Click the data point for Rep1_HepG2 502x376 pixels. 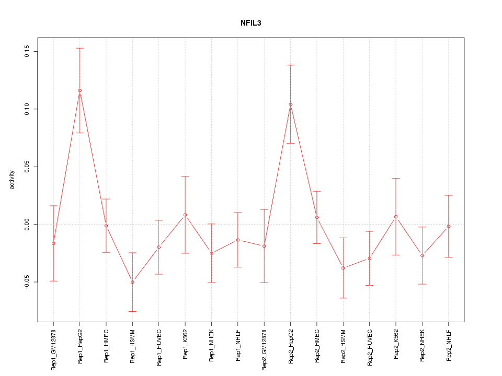[79, 90]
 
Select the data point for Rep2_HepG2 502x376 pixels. [290, 104]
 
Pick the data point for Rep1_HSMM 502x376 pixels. [132, 282]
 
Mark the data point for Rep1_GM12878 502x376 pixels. [53, 243]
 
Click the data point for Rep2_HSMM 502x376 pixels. [343, 268]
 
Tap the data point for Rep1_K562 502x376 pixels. [185, 215]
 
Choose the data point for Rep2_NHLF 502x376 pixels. [449, 226]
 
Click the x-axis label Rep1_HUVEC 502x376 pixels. [159, 345]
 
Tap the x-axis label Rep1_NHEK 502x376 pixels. [211, 344]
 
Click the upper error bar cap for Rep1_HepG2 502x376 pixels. [79, 48]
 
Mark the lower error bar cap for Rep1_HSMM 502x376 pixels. [132, 311]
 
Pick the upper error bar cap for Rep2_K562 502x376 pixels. [396, 179]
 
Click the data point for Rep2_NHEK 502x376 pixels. [422, 255]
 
